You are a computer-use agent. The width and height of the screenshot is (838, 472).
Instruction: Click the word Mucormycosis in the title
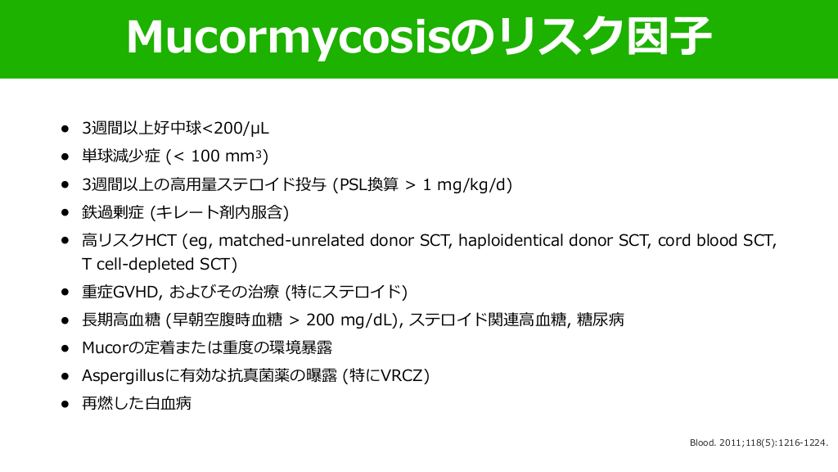coord(288,37)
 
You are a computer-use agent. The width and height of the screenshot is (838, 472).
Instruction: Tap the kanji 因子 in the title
coord(669,36)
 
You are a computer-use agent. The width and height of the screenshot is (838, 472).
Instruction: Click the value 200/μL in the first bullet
coord(241,129)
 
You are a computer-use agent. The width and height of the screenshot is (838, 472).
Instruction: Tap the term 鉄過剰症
coord(113,212)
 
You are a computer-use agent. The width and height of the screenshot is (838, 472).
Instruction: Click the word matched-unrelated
coord(291,240)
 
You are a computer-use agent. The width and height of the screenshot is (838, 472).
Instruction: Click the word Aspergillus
coord(123,375)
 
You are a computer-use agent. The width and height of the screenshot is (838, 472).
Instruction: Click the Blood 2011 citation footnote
coord(759,442)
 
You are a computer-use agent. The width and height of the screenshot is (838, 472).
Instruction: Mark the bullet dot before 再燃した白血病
coord(65,403)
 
